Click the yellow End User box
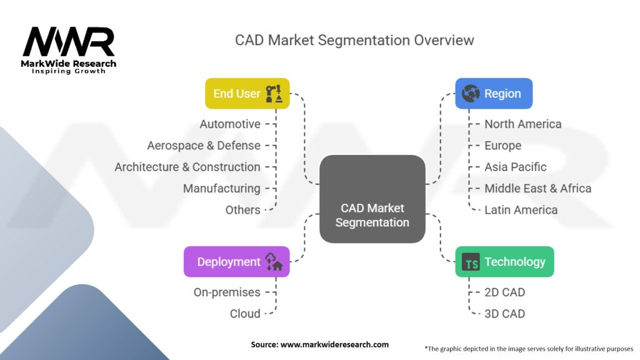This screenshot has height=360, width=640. tap(247, 94)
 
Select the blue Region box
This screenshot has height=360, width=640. tap(493, 94)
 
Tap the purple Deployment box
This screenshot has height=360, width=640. tap(236, 262)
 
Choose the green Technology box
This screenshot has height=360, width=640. tap(504, 262)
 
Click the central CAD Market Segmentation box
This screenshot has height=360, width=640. tap(372, 199)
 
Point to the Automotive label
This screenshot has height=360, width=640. tap(230, 124)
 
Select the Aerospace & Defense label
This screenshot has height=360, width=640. tap(204, 146)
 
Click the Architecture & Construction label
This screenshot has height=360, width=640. tap(187, 167)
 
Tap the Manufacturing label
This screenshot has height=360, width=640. tap(221, 188)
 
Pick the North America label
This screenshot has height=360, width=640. tap(522, 124)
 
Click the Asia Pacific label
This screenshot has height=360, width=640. tap(515, 167)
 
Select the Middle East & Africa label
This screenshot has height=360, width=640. tap(537, 188)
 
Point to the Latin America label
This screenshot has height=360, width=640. tap(521, 210)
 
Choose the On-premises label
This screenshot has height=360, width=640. tap(227, 292)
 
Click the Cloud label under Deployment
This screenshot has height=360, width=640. tap(245, 314)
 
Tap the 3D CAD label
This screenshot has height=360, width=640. tap(504, 314)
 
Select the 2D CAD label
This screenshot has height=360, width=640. tap(504, 292)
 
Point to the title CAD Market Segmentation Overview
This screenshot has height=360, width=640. tap(354, 40)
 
